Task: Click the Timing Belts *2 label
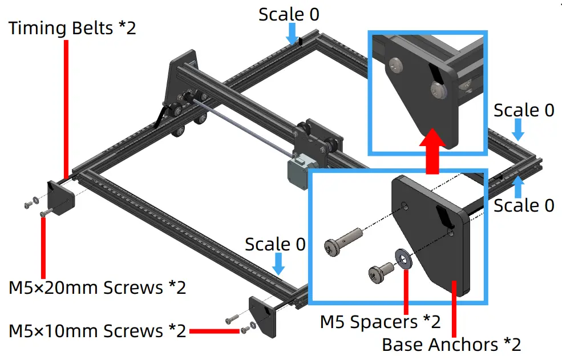pyautogui.click(x=72, y=28)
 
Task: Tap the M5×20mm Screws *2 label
pyautogui.click(x=97, y=287)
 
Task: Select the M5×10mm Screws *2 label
pyautogui.click(x=97, y=330)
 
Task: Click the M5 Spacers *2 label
pyautogui.click(x=380, y=322)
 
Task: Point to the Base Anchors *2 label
pyautogui.click(x=451, y=345)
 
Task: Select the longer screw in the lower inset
pyautogui.click(x=342, y=241)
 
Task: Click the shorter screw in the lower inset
pyautogui.click(x=379, y=272)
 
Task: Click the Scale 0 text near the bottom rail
pyautogui.click(x=275, y=244)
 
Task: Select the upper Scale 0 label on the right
pyautogui.click(x=524, y=110)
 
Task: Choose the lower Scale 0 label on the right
pyautogui.click(x=524, y=205)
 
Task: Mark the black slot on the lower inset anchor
pyautogui.click(x=444, y=217)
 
